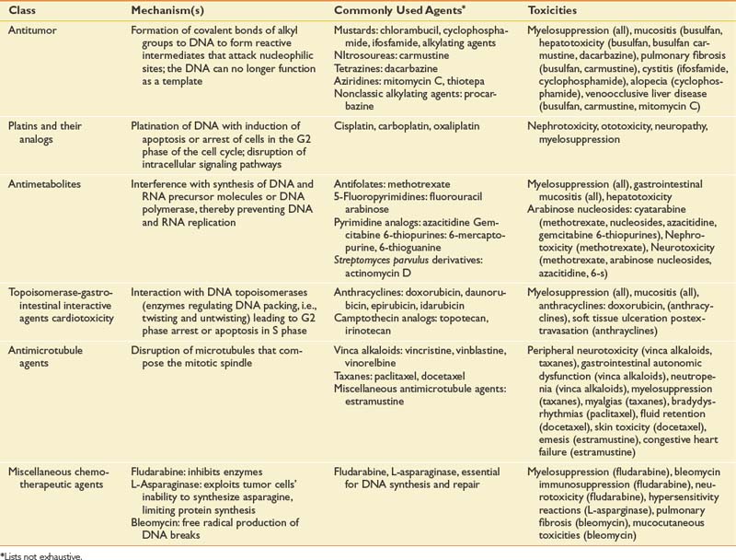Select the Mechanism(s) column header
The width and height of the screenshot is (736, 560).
coord(167,10)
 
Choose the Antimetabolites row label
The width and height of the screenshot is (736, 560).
coord(41,184)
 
